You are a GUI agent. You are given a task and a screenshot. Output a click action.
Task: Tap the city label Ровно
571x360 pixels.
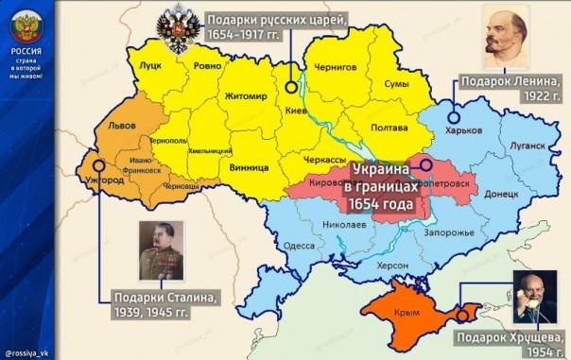click(x=209, y=67)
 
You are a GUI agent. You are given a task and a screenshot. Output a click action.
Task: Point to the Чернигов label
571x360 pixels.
click(x=335, y=67)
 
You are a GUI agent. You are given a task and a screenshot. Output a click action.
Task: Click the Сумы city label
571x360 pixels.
click(x=395, y=84)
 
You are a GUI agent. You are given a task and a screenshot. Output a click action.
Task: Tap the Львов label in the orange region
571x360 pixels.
click(x=122, y=126)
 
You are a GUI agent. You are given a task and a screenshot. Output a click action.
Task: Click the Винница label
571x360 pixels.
click(x=249, y=167)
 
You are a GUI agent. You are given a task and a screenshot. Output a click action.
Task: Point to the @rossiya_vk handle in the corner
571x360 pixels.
click(x=26, y=353)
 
